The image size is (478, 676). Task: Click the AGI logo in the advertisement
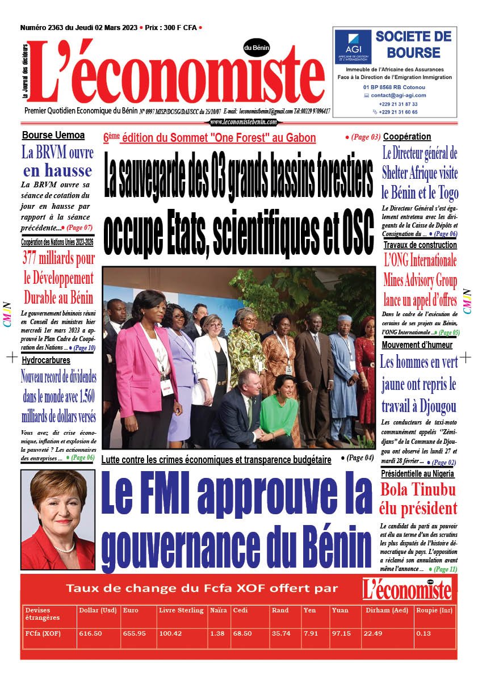353,46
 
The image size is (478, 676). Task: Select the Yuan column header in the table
340,610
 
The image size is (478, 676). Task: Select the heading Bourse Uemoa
53,135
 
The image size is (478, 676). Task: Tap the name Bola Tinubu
418,489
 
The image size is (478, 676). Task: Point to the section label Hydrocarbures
46,360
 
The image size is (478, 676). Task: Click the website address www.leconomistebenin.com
243,122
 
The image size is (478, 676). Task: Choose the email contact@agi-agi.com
399,95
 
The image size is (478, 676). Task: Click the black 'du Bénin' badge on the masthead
257,48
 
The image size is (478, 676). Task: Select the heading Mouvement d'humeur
417,345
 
